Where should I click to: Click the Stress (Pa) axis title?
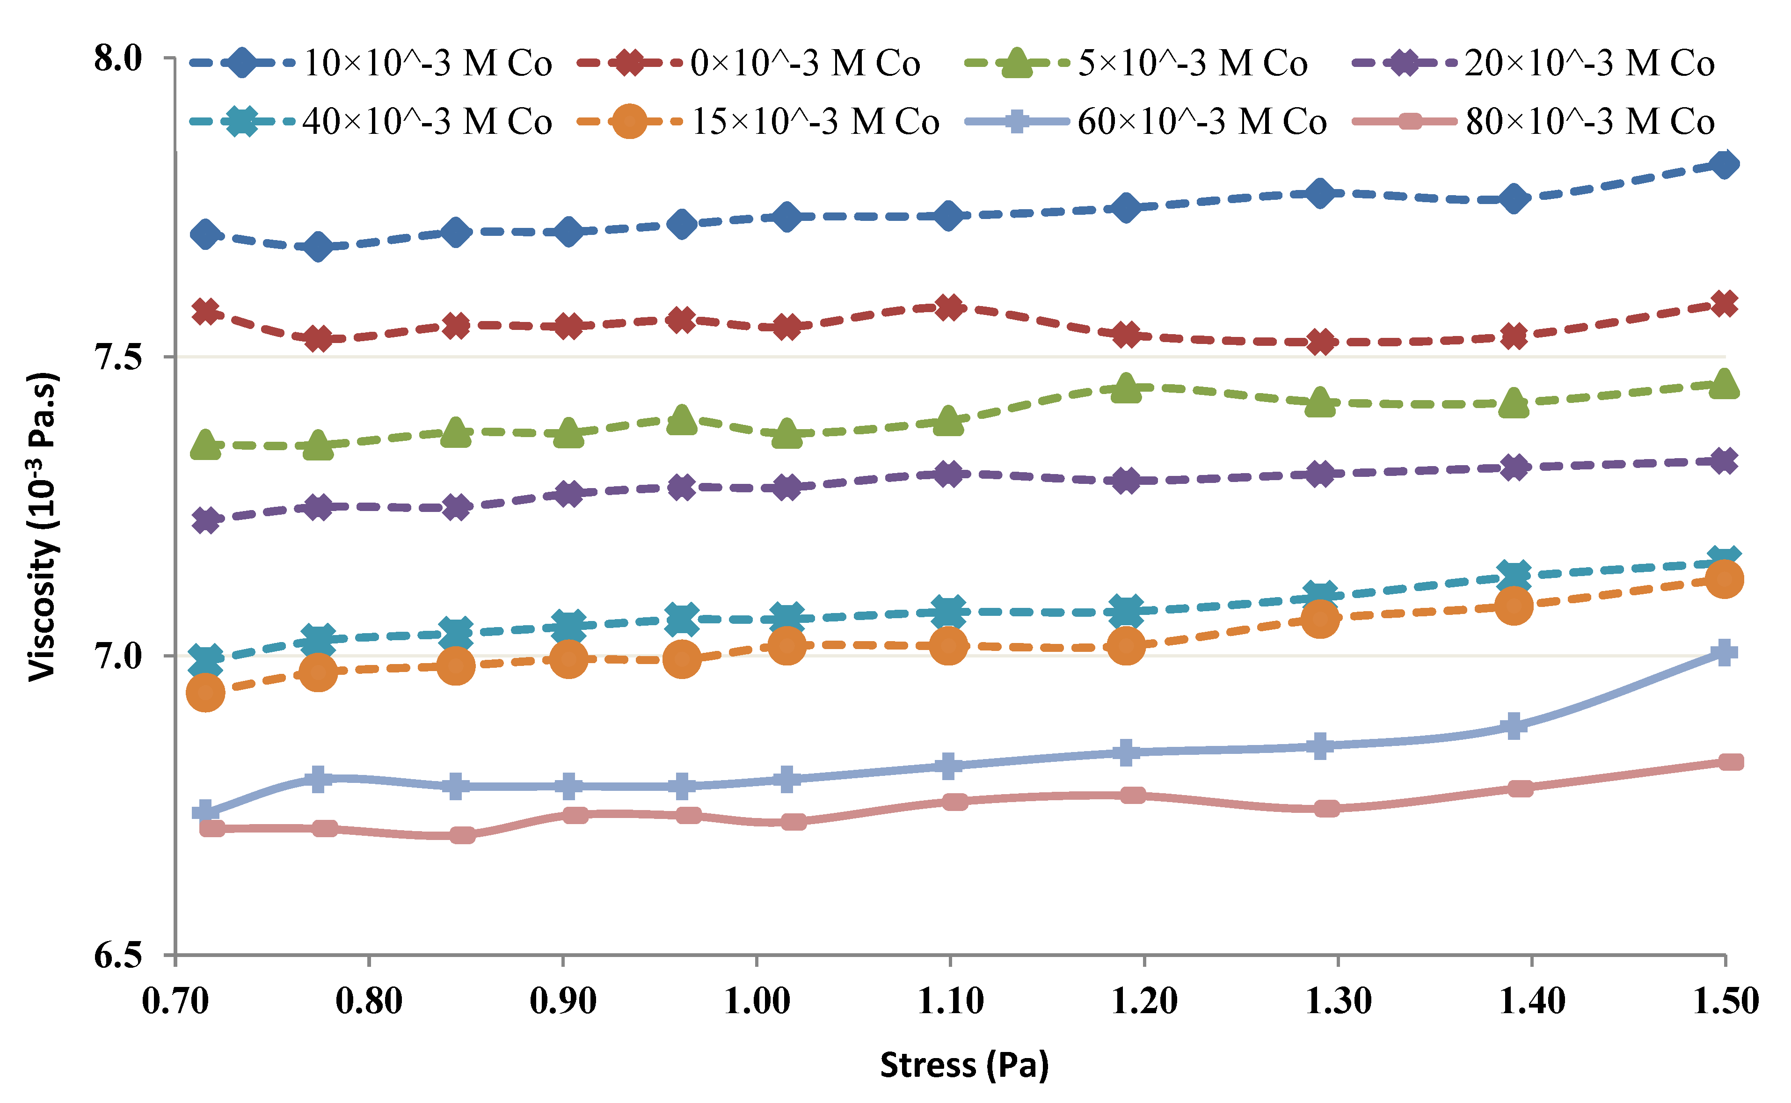pyautogui.click(x=964, y=1065)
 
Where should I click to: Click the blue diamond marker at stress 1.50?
pyautogui.click(x=1725, y=164)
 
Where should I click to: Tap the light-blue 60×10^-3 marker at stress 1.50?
pyautogui.click(x=1725, y=652)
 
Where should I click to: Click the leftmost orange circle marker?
pyautogui.click(x=206, y=692)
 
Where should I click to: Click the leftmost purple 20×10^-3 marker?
pyautogui.click(x=206, y=520)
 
